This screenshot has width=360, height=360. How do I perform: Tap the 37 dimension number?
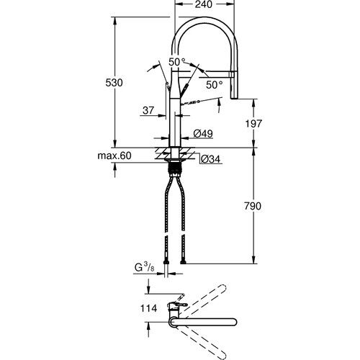(x=148, y=110)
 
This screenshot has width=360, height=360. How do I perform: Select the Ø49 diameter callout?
(x=202, y=134)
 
